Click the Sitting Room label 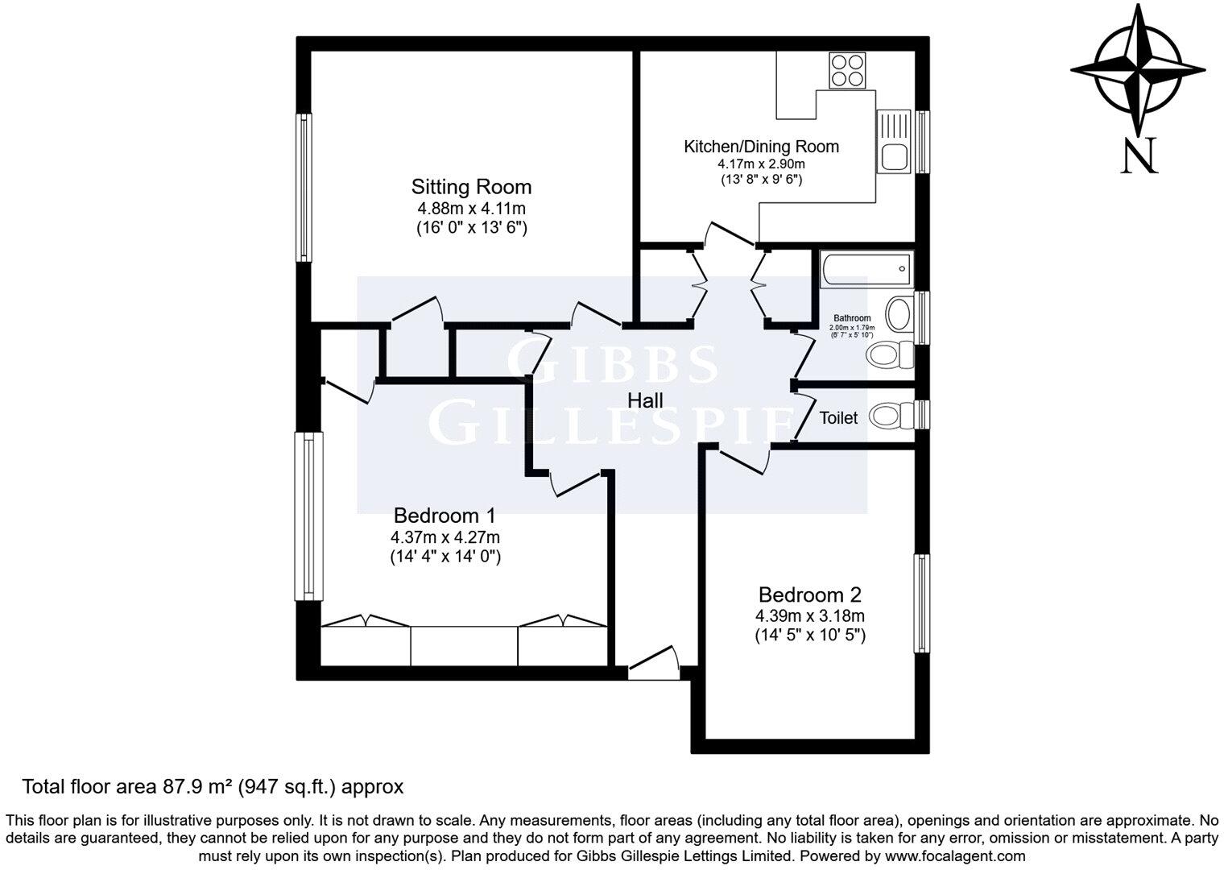click(471, 187)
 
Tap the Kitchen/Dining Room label click(761, 147)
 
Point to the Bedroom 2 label click(810, 595)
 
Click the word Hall click(646, 400)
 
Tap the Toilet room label click(838, 418)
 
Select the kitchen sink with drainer click(894, 141)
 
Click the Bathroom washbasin click(899, 313)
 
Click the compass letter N click(1139, 156)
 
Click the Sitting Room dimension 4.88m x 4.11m click(471, 209)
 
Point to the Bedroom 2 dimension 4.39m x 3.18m click(810, 616)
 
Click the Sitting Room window click(304, 187)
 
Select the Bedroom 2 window click(921, 603)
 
